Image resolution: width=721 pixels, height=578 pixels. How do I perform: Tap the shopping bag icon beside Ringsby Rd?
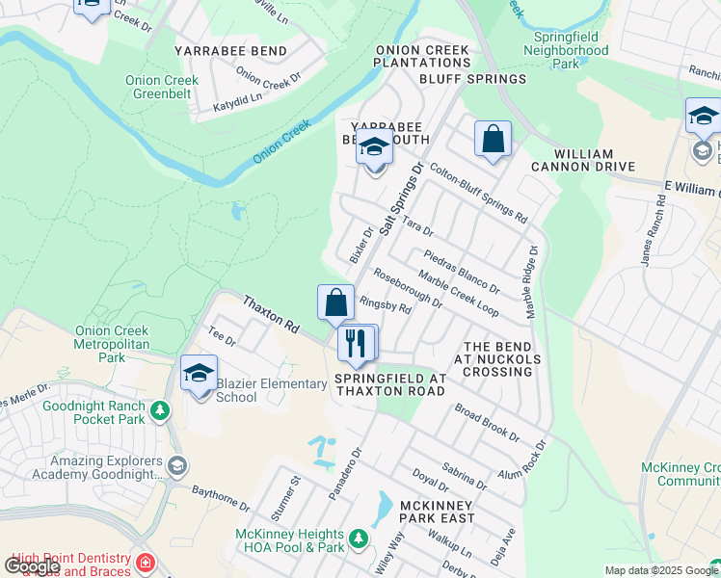click(x=334, y=302)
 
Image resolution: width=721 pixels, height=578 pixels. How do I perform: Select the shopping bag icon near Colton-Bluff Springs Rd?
click(x=493, y=139)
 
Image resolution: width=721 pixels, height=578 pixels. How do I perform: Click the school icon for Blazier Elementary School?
click(x=199, y=374)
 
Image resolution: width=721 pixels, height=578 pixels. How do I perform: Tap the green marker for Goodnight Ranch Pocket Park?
click(x=159, y=412)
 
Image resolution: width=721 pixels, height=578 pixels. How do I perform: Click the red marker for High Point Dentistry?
click(x=145, y=563)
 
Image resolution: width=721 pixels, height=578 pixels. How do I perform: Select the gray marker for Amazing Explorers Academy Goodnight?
click(x=176, y=466)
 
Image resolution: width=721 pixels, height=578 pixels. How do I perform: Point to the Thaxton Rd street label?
click(x=270, y=315)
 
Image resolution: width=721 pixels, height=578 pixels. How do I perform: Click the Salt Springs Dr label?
click(x=402, y=198)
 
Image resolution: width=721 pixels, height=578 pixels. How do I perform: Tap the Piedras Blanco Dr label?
click(x=462, y=273)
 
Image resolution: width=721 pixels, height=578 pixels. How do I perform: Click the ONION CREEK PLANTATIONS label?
click(x=422, y=56)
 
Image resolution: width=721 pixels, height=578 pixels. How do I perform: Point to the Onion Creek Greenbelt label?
click(x=161, y=88)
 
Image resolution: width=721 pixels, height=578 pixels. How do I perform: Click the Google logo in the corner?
click(x=32, y=565)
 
